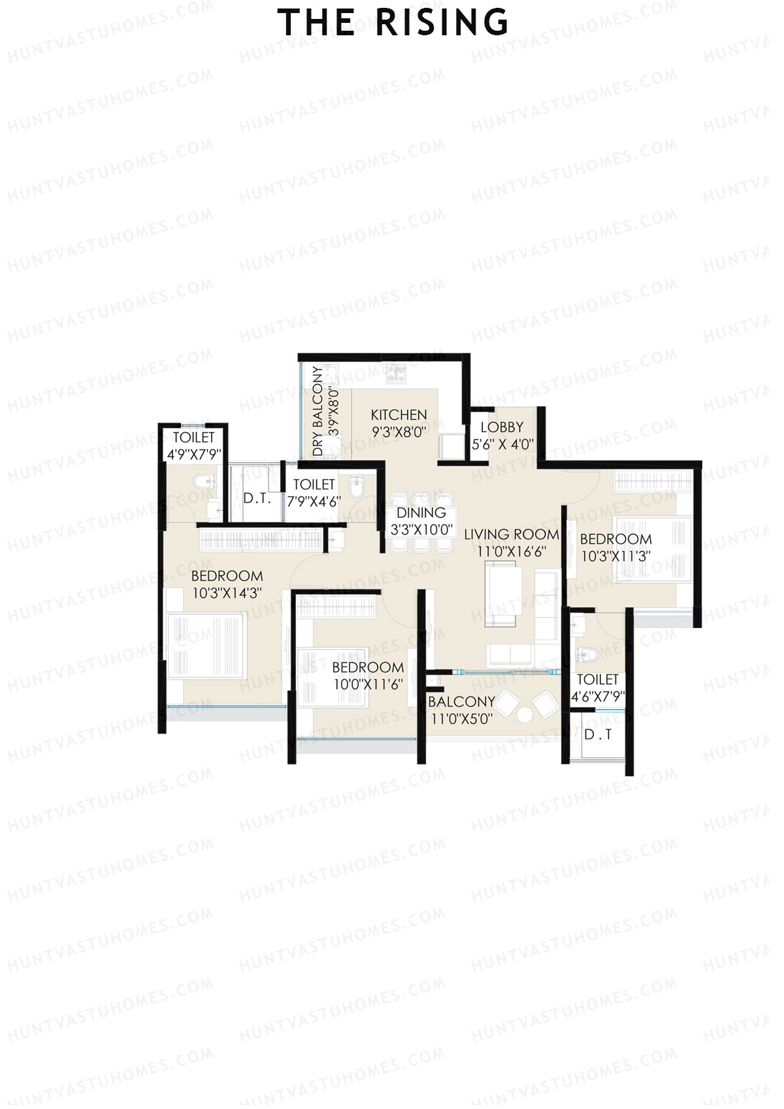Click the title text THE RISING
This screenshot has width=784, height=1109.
(x=393, y=24)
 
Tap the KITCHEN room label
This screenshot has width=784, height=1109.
(x=399, y=415)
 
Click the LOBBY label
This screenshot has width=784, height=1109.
(x=502, y=427)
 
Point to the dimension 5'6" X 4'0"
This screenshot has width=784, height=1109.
(x=502, y=444)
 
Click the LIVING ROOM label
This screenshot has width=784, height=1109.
(x=512, y=535)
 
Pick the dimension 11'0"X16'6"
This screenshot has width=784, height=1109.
(x=512, y=552)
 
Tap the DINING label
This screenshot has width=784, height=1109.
(x=421, y=513)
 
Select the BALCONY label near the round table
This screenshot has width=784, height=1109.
(x=461, y=702)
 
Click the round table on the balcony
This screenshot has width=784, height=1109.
(x=524, y=714)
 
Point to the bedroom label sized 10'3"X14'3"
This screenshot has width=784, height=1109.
(x=227, y=576)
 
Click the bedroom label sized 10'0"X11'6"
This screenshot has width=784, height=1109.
(x=368, y=667)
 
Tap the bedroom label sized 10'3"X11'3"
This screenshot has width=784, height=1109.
(x=615, y=539)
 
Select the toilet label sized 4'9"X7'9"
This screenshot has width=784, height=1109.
(x=193, y=438)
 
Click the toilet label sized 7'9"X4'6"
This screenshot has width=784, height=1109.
(x=314, y=485)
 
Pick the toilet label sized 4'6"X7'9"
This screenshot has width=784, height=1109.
(x=597, y=680)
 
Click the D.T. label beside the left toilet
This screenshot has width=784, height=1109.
(x=257, y=499)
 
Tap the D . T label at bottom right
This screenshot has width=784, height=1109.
(x=598, y=735)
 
